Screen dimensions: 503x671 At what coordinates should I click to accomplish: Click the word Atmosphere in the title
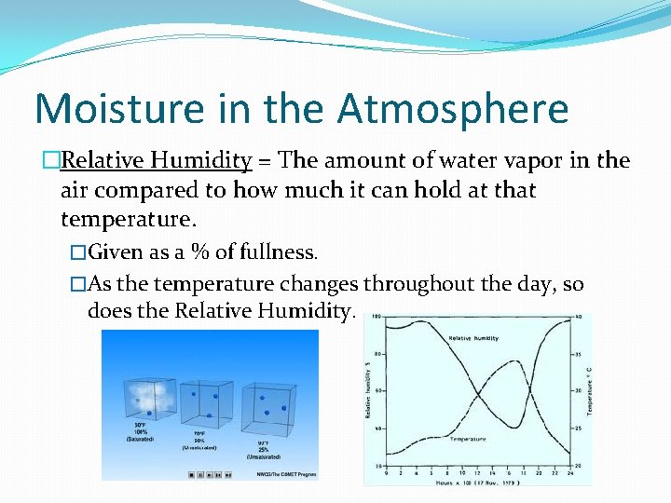pos(453,108)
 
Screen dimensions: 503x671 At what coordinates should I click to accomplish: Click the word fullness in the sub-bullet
pos(277,252)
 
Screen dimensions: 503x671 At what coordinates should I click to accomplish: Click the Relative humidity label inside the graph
pos(473,338)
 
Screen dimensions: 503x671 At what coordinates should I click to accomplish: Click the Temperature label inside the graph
pos(468,439)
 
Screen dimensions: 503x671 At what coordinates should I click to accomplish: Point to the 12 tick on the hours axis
pos(475,473)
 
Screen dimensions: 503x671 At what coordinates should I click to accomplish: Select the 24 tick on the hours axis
pos(570,473)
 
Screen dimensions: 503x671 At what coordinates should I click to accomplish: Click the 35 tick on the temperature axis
pos(579,354)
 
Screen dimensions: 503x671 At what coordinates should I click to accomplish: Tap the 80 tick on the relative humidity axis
pos(377,354)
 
